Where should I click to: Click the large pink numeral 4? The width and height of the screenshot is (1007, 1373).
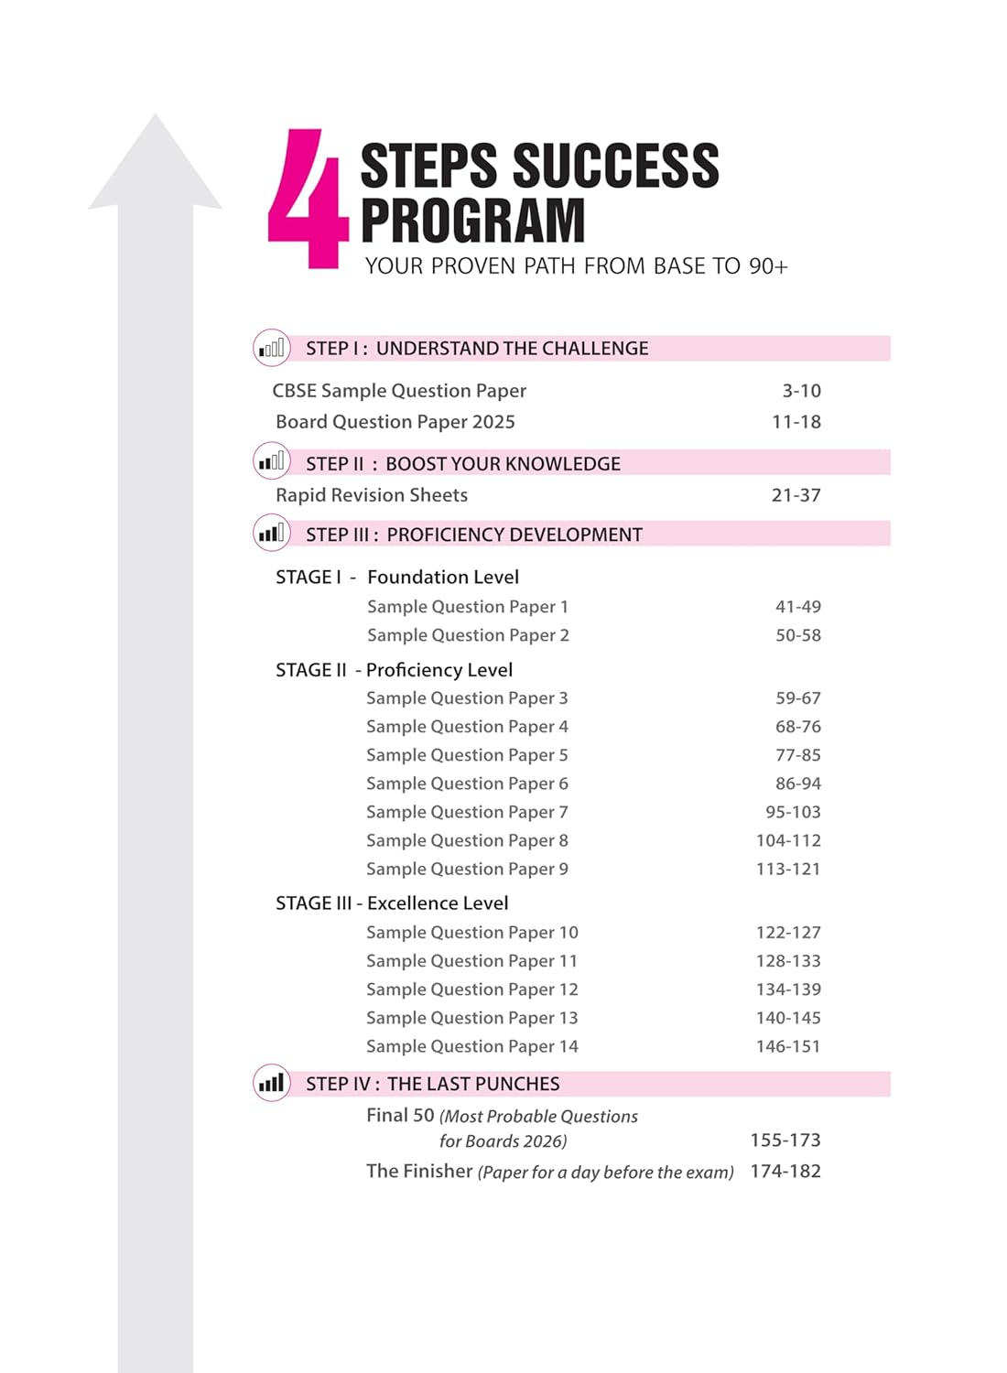(307, 199)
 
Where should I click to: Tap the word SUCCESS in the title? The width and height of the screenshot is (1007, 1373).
(615, 167)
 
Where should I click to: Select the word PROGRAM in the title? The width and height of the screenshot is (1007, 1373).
(472, 221)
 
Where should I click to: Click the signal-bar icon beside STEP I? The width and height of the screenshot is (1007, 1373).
(271, 348)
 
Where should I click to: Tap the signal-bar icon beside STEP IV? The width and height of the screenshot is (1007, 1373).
(271, 1084)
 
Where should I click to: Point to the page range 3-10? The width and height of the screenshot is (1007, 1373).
(801, 391)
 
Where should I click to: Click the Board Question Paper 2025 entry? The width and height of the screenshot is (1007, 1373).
(395, 422)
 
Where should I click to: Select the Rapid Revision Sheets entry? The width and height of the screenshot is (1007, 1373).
(371, 495)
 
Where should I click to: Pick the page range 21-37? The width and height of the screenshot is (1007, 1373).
(796, 495)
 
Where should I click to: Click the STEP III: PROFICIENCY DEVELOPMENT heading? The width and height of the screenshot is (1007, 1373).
(473, 535)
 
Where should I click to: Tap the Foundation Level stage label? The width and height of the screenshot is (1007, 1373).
(442, 578)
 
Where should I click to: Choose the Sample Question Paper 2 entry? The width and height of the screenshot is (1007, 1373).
(468, 635)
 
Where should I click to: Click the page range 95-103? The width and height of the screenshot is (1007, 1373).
(793, 812)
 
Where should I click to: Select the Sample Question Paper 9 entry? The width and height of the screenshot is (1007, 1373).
(467, 869)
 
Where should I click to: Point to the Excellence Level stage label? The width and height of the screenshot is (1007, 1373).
(437, 903)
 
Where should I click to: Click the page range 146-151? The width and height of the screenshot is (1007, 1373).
(788, 1046)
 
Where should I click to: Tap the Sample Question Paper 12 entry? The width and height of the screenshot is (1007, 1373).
(471, 989)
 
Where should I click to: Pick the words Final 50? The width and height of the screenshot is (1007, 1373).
(400, 1116)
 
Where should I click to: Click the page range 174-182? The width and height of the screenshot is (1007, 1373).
(785, 1172)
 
